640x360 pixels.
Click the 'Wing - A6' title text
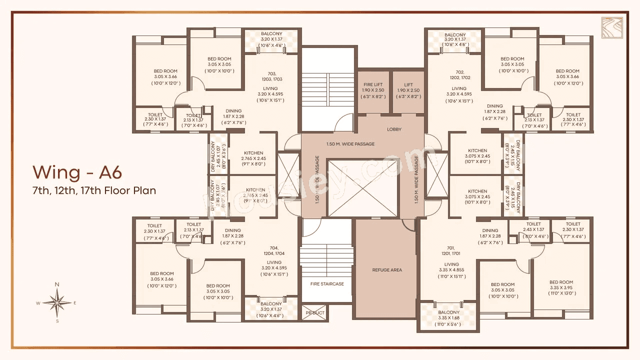[77, 172]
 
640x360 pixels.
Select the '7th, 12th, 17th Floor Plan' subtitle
[94, 190]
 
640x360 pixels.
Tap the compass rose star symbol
[57, 302]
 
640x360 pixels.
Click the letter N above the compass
[57, 284]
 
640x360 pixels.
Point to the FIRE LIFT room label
[373, 84]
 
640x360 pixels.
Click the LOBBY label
[394, 129]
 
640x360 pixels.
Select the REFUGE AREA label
[387, 270]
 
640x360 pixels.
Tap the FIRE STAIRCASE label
[327, 284]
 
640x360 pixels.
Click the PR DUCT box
[315, 313]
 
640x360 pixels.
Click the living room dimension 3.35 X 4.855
[451, 270]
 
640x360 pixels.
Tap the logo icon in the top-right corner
[611, 28]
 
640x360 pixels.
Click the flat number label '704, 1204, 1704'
[274, 250]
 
